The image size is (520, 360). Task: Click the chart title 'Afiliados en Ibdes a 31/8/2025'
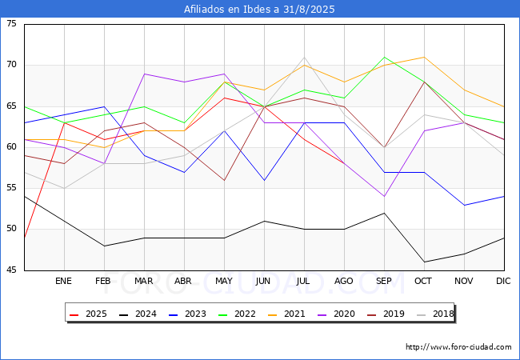click(259, 10)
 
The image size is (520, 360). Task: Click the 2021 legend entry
click(283, 314)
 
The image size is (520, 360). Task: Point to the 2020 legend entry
click(332, 314)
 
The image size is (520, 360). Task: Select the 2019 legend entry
click(381, 314)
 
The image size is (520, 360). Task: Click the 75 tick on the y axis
click(11, 24)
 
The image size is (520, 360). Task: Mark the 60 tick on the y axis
click(11, 147)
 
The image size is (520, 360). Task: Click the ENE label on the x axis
click(64, 282)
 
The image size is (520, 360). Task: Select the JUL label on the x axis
click(304, 282)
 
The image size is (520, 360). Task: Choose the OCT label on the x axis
click(424, 282)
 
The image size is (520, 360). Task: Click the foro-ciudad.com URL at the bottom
click(458, 347)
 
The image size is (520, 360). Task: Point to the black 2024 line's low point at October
click(424, 262)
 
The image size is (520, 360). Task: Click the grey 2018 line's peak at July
click(304, 57)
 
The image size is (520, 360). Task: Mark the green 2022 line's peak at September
click(384, 57)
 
